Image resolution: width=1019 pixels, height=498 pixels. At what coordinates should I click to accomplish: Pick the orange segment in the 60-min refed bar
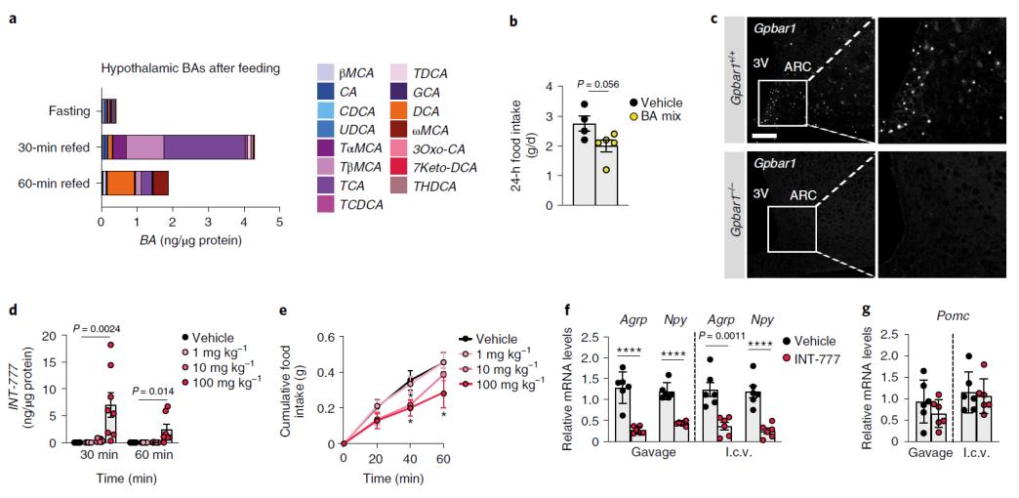coord(120,183)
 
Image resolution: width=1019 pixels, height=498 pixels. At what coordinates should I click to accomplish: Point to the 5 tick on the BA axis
coord(279,222)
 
